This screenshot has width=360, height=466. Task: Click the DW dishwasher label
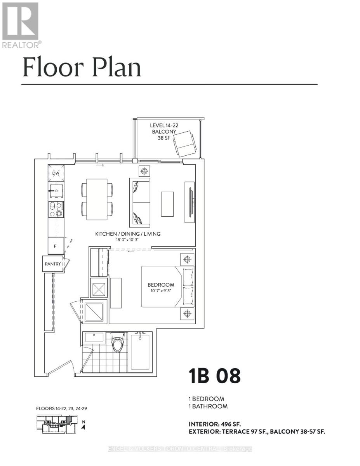point(56,173)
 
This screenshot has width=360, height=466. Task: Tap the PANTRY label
point(52,264)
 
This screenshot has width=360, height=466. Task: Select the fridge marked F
point(56,246)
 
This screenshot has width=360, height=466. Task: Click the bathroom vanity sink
point(94,337)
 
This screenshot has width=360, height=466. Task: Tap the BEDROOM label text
point(161,285)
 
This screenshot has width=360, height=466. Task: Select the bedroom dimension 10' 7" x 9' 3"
point(161,291)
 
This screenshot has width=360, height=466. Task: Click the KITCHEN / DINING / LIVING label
point(128,234)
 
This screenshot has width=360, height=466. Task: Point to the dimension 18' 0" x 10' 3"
point(128,240)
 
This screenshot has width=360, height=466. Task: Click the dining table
point(97,199)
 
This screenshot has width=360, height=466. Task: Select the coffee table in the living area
point(167,204)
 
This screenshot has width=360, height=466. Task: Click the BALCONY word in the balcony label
point(163,132)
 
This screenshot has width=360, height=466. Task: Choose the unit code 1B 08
point(214,376)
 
